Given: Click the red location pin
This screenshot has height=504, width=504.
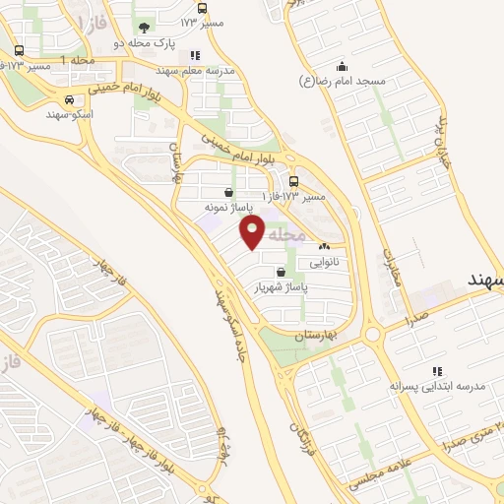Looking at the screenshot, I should (x=252, y=232).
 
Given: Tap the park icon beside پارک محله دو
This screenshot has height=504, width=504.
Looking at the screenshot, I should (x=145, y=28).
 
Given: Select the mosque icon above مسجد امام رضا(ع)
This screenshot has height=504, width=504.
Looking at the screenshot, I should (x=342, y=65).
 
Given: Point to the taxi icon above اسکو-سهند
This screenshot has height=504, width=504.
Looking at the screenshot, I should (x=68, y=99).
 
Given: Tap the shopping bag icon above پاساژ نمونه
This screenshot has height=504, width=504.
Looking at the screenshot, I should (x=229, y=193).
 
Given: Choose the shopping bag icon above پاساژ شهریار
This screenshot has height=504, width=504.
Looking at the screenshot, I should (x=283, y=271).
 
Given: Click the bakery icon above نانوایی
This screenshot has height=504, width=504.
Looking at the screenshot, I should (x=324, y=247).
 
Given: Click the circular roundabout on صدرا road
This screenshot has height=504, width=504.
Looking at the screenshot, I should (x=372, y=335).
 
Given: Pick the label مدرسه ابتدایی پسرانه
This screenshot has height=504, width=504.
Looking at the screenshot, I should (x=439, y=386).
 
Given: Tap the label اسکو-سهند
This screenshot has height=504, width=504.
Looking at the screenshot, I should (x=68, y=114).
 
